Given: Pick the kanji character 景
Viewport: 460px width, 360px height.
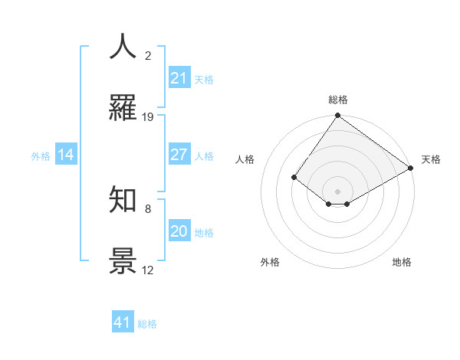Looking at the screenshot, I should pos(123,260).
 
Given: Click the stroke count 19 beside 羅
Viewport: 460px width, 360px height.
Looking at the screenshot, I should pos(148,117).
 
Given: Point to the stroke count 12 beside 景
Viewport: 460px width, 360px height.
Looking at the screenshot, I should pos(148,270).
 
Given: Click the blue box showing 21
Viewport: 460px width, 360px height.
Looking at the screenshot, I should pos(179,77).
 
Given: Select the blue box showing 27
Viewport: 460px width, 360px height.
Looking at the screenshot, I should pos(179,155).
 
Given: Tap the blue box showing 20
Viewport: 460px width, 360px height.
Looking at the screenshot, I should pos(179,231).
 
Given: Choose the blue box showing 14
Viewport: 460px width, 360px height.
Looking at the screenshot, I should pos(65,155).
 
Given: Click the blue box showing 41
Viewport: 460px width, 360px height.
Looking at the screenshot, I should pos(123,322).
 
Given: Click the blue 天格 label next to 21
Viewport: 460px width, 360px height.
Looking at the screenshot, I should pos(203,79).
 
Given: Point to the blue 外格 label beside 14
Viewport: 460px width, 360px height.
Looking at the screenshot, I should pos(41,156).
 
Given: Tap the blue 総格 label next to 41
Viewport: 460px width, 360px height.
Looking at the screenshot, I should pos(147,324).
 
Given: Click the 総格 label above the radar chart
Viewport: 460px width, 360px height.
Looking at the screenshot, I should pos(337,100).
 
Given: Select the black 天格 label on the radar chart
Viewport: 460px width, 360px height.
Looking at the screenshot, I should pos(431,159).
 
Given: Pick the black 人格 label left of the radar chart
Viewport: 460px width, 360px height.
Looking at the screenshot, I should pos(245,159).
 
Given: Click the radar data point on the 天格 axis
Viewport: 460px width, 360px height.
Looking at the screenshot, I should pos(411,169).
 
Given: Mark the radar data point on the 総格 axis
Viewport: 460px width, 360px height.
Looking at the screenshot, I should pos(337,116).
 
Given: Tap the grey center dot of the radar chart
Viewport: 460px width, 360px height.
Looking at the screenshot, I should pos(337,191).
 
